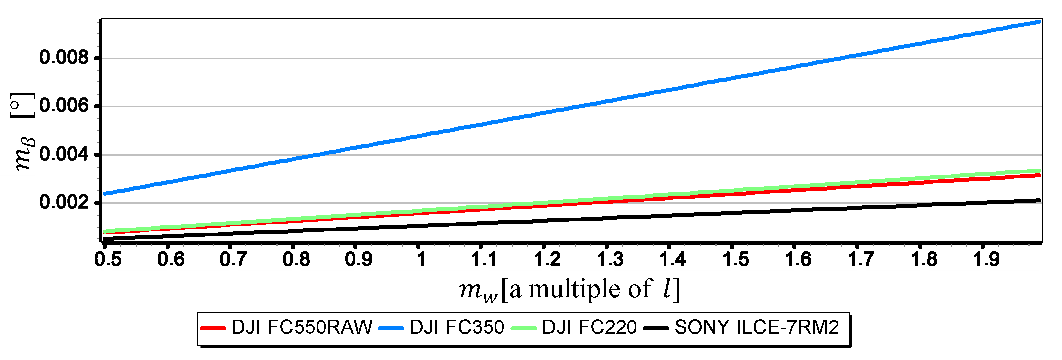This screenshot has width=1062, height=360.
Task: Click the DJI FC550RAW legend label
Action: click(302, 327)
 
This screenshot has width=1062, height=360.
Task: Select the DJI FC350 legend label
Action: click(457, 327)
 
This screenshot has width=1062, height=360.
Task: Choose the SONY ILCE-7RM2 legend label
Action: click(757, 327)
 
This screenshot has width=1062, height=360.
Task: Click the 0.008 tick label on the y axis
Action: click(64, 57)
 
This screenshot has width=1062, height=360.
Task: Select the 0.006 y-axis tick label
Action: click(64, 106)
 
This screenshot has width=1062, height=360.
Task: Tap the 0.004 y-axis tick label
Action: click(64, 155)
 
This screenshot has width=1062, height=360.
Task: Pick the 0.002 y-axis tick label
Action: click(64, 202)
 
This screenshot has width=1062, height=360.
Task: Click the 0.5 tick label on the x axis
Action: click(108, 259)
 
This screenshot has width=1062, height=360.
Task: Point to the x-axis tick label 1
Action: click(421, 259)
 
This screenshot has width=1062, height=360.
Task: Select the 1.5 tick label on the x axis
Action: click(735, 259)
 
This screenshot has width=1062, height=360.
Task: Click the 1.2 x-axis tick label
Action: click(547, 259)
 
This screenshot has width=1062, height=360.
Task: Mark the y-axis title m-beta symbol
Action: click(25, 155)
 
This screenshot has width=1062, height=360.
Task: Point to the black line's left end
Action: click(105, 239)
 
